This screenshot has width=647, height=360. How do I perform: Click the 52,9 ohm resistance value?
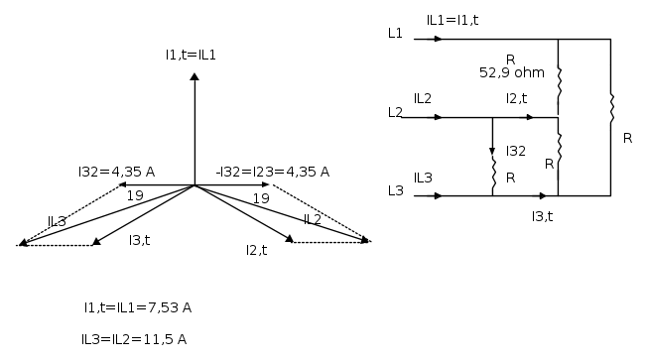pos(512,73)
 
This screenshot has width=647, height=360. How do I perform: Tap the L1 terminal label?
pos(395,33)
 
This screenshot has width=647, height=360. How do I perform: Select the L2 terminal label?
pos(395,112)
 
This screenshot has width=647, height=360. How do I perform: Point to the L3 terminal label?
pos(396,190)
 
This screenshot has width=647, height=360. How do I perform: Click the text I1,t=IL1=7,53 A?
pos(138,307)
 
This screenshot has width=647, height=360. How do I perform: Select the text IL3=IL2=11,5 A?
pos(134,339)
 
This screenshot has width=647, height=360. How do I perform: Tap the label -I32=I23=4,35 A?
pos(273,172)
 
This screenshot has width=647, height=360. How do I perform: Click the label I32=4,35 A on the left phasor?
pos(117,172)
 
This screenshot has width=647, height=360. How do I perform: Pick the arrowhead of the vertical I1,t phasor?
pos(194,76)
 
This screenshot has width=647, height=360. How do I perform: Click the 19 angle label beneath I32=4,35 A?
pos(135,195)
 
